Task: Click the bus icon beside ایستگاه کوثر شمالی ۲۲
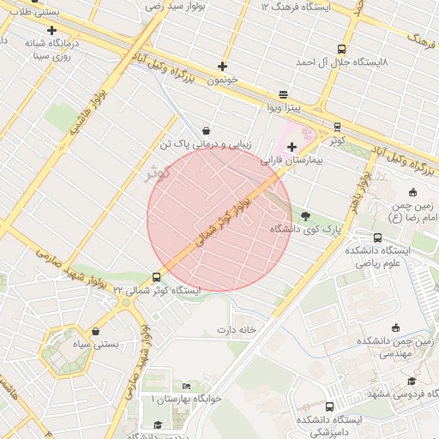156,277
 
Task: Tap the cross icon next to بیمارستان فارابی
292,147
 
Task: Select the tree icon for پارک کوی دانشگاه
307,216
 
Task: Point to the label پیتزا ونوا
284,107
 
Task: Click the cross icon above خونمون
223,66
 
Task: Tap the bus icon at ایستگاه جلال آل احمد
342,50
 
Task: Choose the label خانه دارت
237,330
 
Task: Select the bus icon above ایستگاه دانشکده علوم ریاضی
378,238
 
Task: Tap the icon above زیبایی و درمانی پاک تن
207,130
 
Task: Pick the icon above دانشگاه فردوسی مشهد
412,381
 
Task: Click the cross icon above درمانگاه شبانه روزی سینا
51,30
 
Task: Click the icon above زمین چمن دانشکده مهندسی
395,328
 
